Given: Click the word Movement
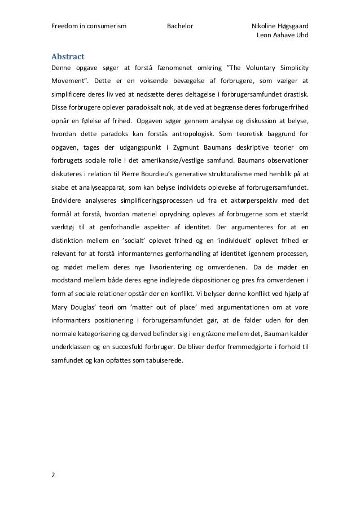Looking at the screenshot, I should point(71,81).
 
